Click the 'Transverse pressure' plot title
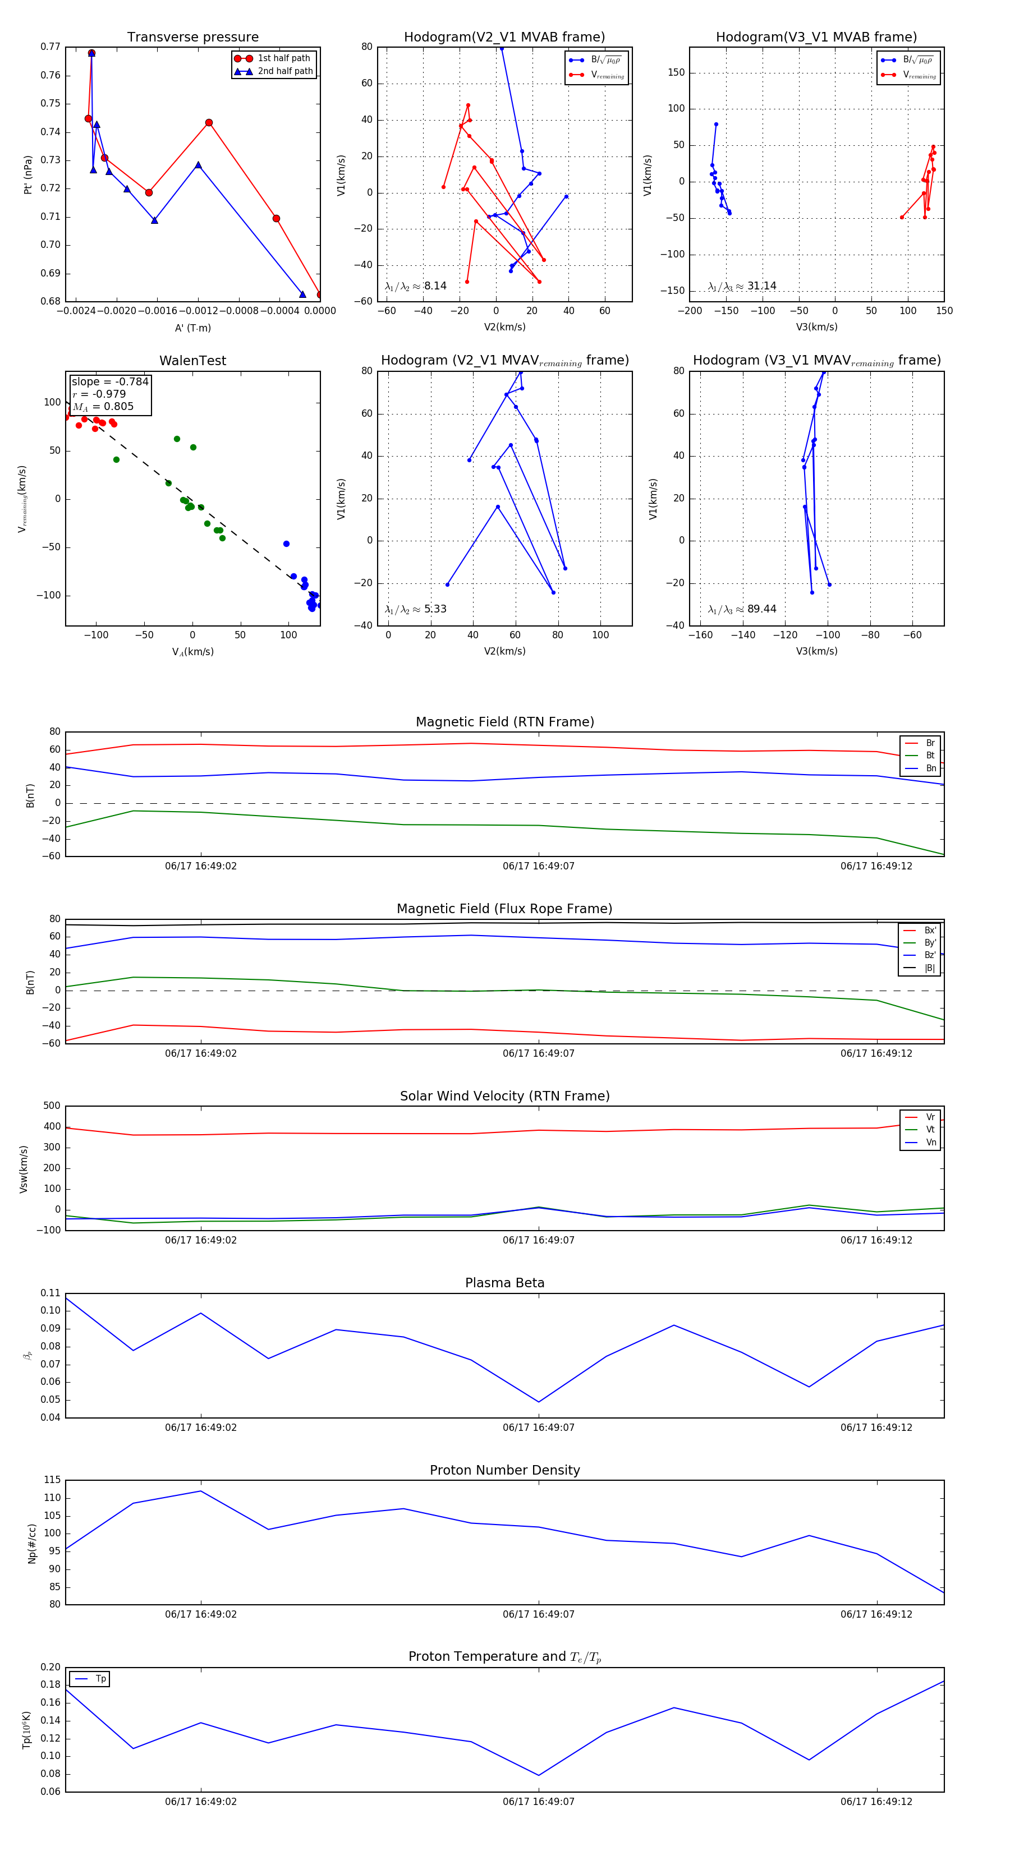click(x=192, y=38)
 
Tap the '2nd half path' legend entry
click(x=284, y=71)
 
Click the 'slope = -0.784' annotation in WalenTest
click(x=110, y=381)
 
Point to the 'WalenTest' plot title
click(x=192, y=361)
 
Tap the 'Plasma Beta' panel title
click(x=504, y=1283)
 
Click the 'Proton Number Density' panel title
click(x=504, y=1470)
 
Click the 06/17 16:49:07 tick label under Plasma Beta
click(x=539, y=1427)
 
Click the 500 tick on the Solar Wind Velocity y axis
click(x=52, y=1106)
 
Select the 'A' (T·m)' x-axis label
click(x=192, y=328)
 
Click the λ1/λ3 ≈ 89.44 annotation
click(x=742, y=609)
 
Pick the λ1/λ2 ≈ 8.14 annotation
click(x=415, y=286)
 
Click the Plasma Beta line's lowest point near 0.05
click(x=539, y=1402)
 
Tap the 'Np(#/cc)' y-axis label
click(x=31, y=1542)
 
